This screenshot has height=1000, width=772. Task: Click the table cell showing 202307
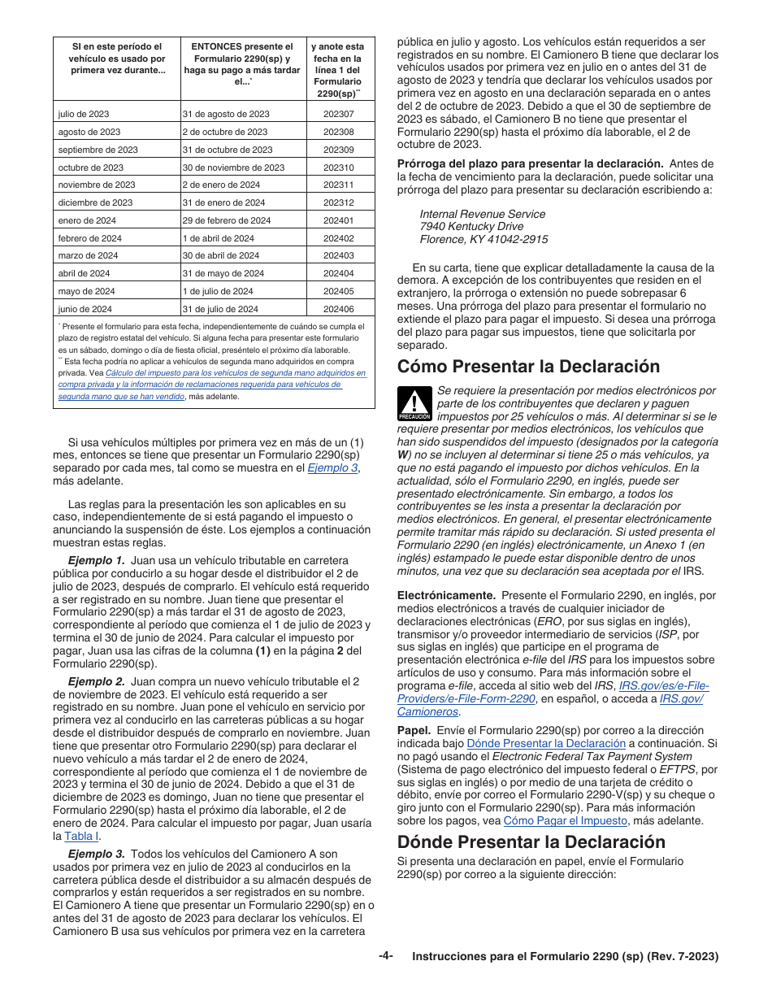click(x=338, y=115)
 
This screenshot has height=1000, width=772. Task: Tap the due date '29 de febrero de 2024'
click(x=227, y=220)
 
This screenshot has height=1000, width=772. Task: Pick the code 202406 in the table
click(x=338, y=309)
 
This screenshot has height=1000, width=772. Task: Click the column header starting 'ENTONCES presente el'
click(x=241, y=64)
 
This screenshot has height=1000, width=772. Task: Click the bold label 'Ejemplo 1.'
click(x=96, y=560)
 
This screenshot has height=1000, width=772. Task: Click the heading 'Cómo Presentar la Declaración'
click(x=528, y=366)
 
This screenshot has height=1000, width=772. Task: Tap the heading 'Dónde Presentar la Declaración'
click(x=531, y=841)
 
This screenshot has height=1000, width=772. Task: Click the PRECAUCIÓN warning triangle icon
click(x=414, y=404)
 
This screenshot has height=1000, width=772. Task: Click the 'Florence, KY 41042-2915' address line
click(x=484, y=239)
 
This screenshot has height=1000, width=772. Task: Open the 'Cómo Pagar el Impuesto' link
click(x=566, y=821)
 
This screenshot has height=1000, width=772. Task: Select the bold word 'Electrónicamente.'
click(x=446, y=595)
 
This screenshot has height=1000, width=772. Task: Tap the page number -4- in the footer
click(x=385, y=956)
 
